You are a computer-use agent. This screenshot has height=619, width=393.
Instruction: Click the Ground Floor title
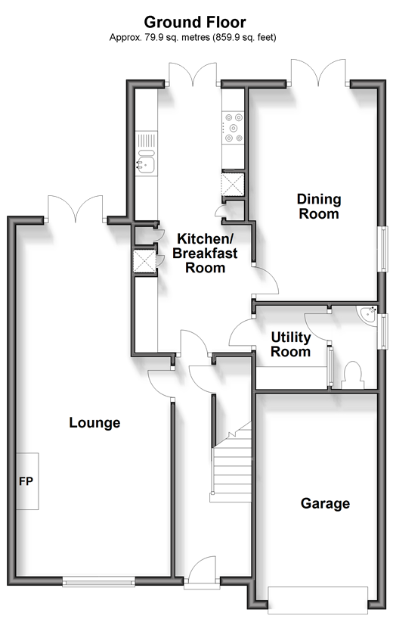(195, 22)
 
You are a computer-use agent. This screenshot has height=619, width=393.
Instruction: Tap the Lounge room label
(94, 422)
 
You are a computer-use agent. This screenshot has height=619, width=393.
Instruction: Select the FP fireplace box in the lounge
(27, 481)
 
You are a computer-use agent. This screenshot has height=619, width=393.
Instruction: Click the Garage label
(325, 503)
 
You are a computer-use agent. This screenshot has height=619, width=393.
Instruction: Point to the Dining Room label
(319, 207)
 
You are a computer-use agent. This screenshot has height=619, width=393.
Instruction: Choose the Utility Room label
(291, 344)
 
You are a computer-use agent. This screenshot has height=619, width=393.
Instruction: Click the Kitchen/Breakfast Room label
(205, 253)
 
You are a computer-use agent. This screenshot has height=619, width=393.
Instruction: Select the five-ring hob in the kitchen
(233, 127)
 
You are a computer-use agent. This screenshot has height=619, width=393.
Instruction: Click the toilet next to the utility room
(353, 375)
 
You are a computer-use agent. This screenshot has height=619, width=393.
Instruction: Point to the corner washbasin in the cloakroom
(367, 315)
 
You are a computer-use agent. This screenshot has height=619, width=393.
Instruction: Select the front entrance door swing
(203, 570)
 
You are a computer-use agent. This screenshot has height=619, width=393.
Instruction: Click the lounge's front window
(99, 581)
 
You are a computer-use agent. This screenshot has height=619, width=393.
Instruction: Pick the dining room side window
(382, 249)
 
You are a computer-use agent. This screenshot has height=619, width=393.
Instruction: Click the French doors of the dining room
(318, 72)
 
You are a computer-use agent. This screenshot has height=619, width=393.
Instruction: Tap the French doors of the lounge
(76, 208)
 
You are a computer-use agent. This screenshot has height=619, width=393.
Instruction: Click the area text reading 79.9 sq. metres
(170, 38)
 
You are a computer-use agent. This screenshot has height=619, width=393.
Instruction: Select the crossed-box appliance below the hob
(233, 184)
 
